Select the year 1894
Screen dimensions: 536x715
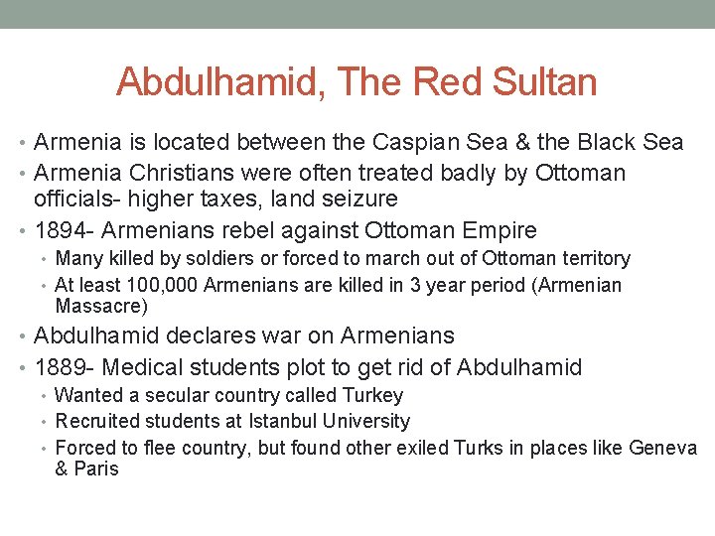61,231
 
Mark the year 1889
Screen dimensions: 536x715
61,367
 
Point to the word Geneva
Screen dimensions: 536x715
663,449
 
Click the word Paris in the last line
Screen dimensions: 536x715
96,469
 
